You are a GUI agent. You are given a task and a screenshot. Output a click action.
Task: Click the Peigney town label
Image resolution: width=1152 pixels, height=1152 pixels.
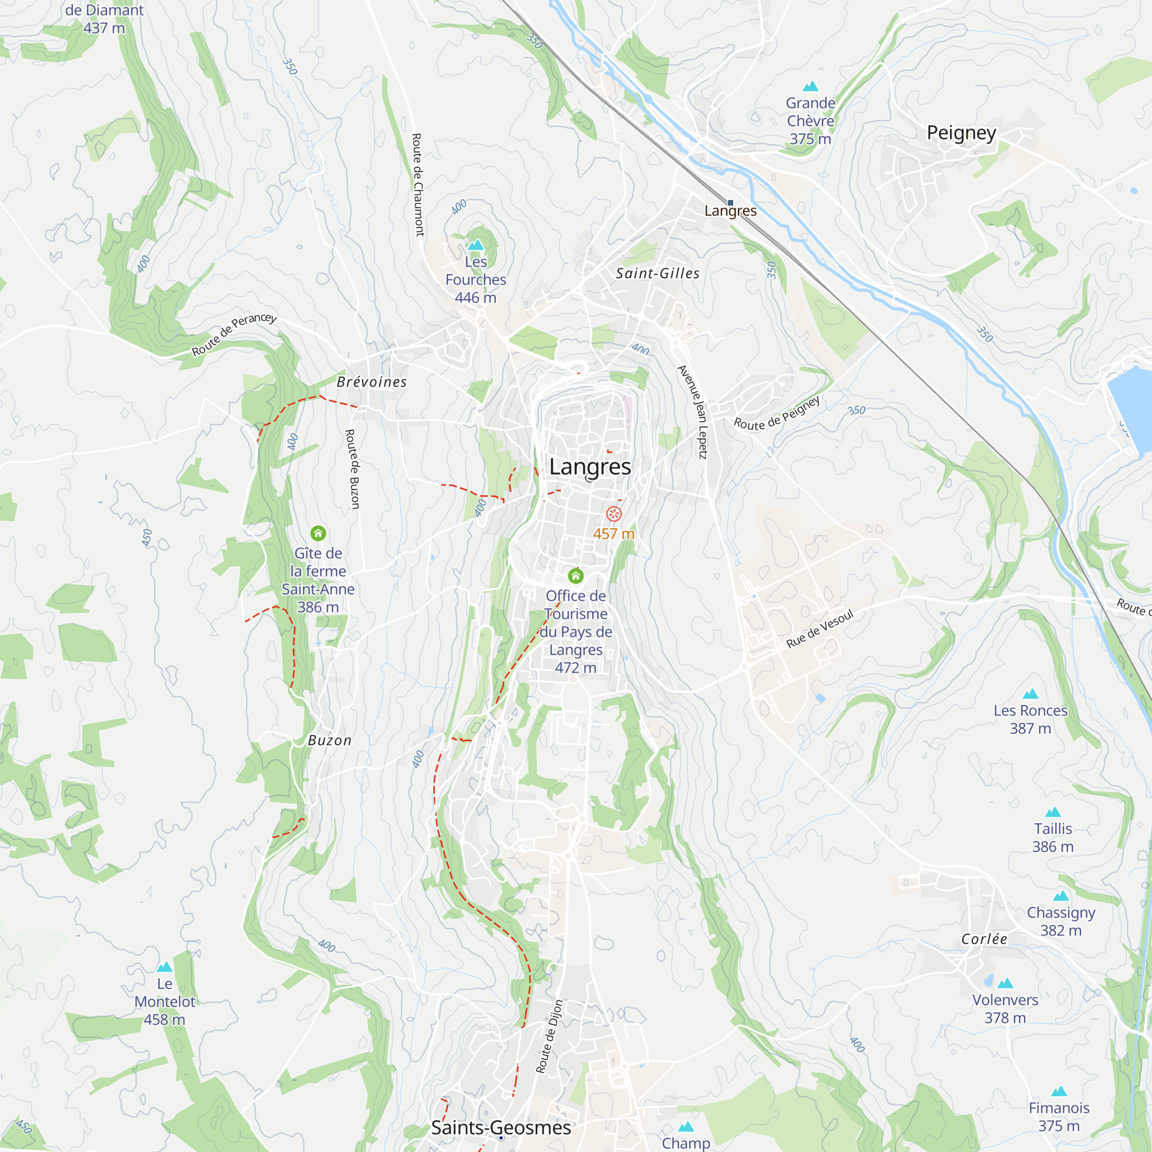click(961, 132)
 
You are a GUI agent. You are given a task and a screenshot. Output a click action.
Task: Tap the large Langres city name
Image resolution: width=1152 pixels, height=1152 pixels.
click(590, 467)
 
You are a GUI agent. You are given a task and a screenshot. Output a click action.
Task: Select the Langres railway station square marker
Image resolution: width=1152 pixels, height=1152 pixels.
click(730, 203)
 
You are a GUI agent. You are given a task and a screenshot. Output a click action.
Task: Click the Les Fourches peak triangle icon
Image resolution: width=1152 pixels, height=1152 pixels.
click(475, 244)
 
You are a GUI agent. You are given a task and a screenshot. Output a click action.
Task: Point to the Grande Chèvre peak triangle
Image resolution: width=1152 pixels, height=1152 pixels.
click(810, 86)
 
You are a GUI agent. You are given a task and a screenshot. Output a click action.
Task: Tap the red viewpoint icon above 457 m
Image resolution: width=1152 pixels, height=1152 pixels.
click(613, 513)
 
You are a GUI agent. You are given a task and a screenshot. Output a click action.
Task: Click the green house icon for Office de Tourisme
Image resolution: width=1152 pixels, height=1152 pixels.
click(575, 575)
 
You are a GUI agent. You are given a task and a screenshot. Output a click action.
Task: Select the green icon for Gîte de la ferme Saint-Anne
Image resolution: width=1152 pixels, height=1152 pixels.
click(318, 533)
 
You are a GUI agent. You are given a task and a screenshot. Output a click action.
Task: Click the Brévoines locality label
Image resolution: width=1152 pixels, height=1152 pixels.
click(372, 382)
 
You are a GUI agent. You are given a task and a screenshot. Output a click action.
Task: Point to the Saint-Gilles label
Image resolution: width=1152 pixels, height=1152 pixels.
click(658, 273)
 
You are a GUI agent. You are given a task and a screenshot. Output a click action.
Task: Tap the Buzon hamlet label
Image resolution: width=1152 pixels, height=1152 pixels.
click(329, 741)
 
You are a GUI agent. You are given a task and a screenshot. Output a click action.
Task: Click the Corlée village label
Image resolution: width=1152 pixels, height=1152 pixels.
click(984, 939)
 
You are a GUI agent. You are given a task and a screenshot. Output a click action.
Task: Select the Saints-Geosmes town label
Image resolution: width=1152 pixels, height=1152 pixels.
click(501, 1128)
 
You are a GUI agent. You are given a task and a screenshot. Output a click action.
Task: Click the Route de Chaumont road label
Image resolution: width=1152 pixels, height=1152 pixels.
click(418, 185)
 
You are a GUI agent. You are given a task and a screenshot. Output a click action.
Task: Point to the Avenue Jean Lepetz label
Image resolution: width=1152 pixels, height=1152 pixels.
click(693, 411)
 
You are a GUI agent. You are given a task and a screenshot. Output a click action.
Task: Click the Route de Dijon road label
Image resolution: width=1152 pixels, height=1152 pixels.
click(548, 1037)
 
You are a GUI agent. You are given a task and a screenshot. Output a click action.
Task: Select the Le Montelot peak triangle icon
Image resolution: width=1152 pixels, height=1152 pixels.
click(165, 967)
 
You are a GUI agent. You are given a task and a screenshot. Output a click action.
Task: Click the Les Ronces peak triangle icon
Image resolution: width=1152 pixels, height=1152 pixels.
click(1030, 694)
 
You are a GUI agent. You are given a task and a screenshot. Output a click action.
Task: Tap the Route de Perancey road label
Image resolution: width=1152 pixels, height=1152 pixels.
click(234, 334)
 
